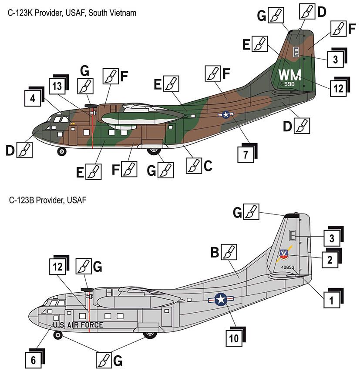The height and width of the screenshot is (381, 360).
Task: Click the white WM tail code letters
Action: point(289,75)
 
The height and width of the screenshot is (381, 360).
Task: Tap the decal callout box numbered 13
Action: point(57,86)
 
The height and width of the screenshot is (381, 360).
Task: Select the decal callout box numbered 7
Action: point(246,154)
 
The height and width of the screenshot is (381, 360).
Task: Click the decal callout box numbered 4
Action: point(33,98)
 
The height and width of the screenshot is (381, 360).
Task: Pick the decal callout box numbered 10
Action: point(234,338)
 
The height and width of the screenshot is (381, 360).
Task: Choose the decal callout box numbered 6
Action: point(34,360)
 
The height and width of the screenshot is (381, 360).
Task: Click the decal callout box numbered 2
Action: point(330,260)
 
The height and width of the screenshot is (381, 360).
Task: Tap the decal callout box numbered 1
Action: point(332,300)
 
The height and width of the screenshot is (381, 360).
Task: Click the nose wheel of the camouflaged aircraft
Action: point(62,152)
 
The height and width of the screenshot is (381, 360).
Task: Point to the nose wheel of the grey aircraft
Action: point(58,335)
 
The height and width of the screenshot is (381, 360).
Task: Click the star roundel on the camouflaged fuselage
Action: point(226,114)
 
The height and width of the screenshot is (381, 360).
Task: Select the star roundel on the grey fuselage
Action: point(221,299)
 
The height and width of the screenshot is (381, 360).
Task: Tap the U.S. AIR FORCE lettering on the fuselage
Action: point(78,325)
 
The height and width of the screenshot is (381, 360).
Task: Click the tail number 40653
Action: point(288,267)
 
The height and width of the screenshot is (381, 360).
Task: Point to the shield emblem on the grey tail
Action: point(284,254)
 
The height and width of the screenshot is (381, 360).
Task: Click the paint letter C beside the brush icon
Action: point(208,166)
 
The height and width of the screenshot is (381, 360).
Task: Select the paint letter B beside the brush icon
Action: point(215,252)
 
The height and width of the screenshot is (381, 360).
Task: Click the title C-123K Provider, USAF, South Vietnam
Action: point(72,13)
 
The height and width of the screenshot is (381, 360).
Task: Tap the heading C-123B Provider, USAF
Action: point(48,200)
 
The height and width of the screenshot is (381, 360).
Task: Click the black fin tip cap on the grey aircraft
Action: point(292,216)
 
